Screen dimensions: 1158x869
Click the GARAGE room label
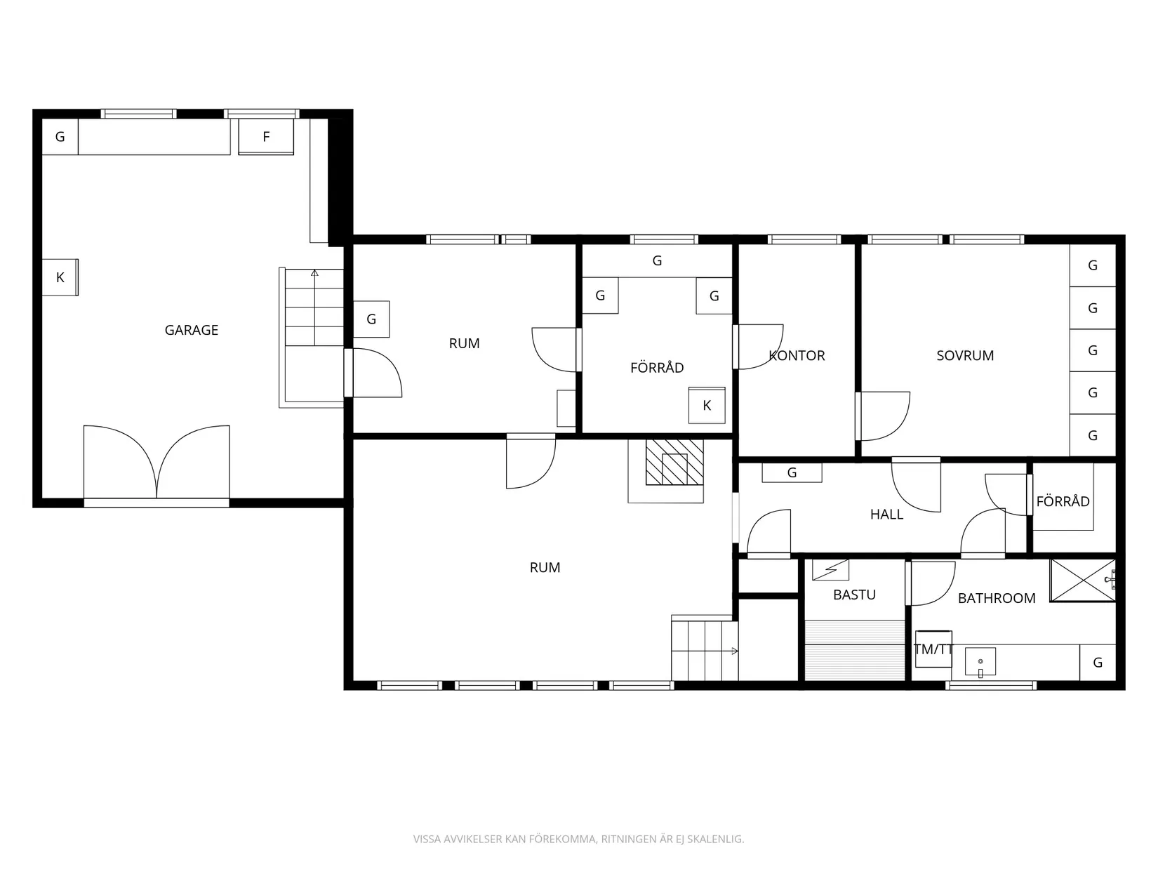(191, 331)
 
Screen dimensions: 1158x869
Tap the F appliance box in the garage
(266, 137)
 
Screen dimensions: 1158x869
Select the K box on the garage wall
(60, 277)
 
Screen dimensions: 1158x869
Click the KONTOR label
(797, 356)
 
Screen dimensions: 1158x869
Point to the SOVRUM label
(965, 356)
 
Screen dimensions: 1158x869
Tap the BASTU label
(854, 595)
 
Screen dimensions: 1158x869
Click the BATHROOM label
(997, 598)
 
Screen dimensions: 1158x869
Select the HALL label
(887, 515)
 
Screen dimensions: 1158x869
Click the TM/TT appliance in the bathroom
(933, 649)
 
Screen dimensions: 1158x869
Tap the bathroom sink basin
(980, 662)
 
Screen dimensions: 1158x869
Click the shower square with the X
(1083, 581)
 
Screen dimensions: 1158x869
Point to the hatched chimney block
(674, 462)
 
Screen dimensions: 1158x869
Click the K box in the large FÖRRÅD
(707, 405)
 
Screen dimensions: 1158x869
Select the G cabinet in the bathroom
(1098, 663)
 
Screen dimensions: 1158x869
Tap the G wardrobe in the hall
(792, 472)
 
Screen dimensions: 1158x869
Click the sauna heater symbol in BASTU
(830, 570)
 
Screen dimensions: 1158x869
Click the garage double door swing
(157, 462)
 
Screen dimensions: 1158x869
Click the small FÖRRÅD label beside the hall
(1063, 501)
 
